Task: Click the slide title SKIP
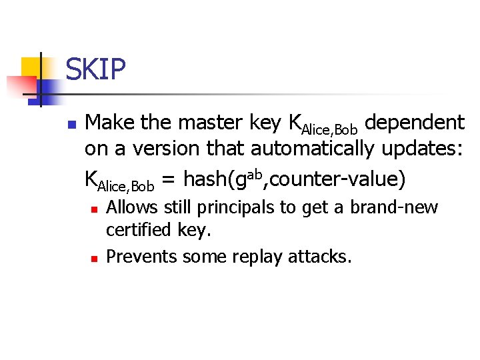coord(95,70)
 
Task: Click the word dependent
coord(415,123)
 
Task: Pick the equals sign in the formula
coord(169,179)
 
